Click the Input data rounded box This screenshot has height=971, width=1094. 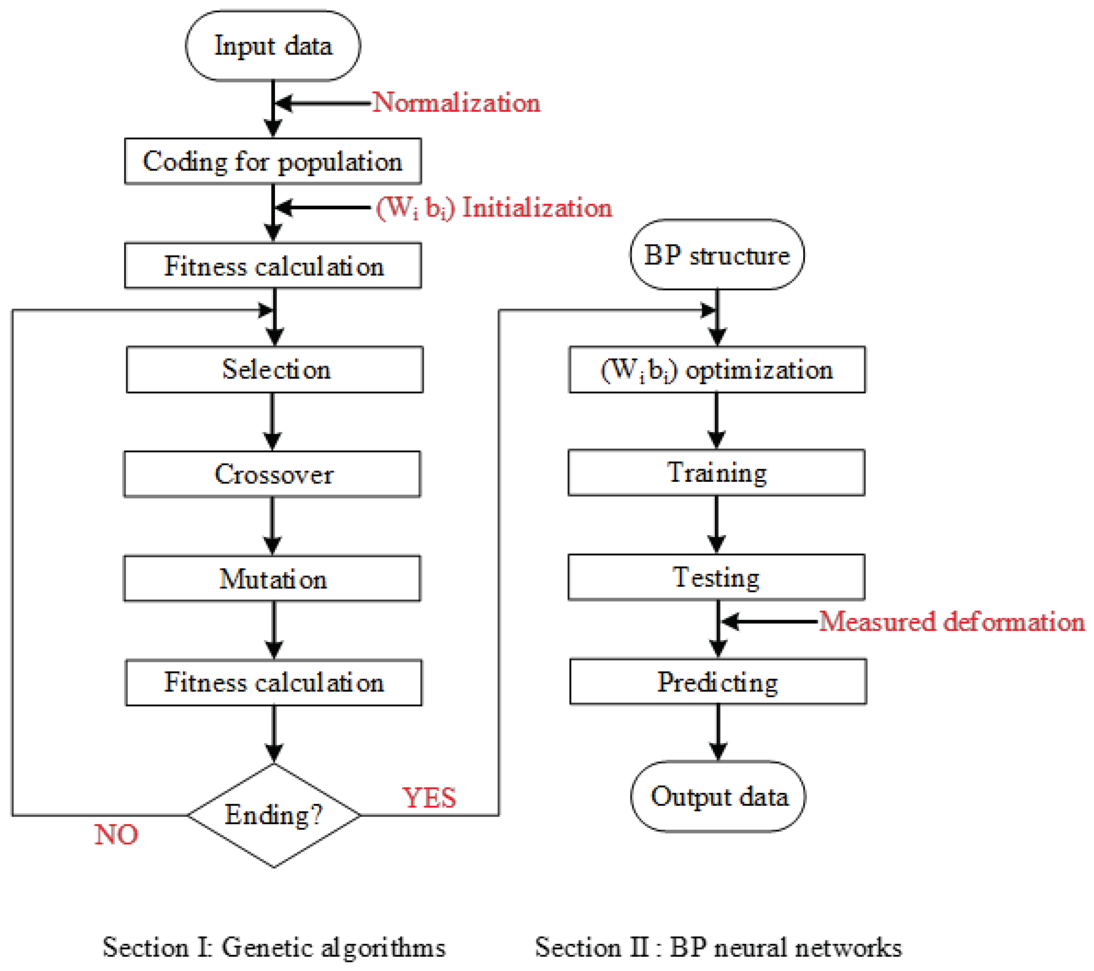[x=273, y=46]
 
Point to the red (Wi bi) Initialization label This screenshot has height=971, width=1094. [x=494, y=207]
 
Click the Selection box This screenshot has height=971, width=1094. [x=275, y=370]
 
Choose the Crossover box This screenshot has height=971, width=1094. [x=272, y=474]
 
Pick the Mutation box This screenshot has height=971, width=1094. [x=272, y=579]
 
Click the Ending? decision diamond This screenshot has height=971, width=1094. [x=273, y=815]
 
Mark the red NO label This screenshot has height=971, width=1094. [x=116, y=834]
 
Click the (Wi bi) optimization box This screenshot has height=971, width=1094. [x=717, y=370]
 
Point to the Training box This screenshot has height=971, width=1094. [x=716, y=473]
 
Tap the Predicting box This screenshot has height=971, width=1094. [x=718, y=682]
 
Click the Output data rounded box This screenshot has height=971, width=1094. [x=718, y=796]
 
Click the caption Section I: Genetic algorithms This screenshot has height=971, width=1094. [x=273, y=947]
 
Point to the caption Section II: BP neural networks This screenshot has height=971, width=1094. [x=718, y=947]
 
